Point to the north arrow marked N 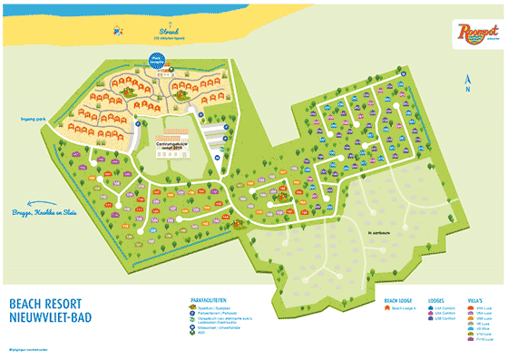click(x=465, y=83)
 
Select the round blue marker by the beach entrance click(x=158, y=63)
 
